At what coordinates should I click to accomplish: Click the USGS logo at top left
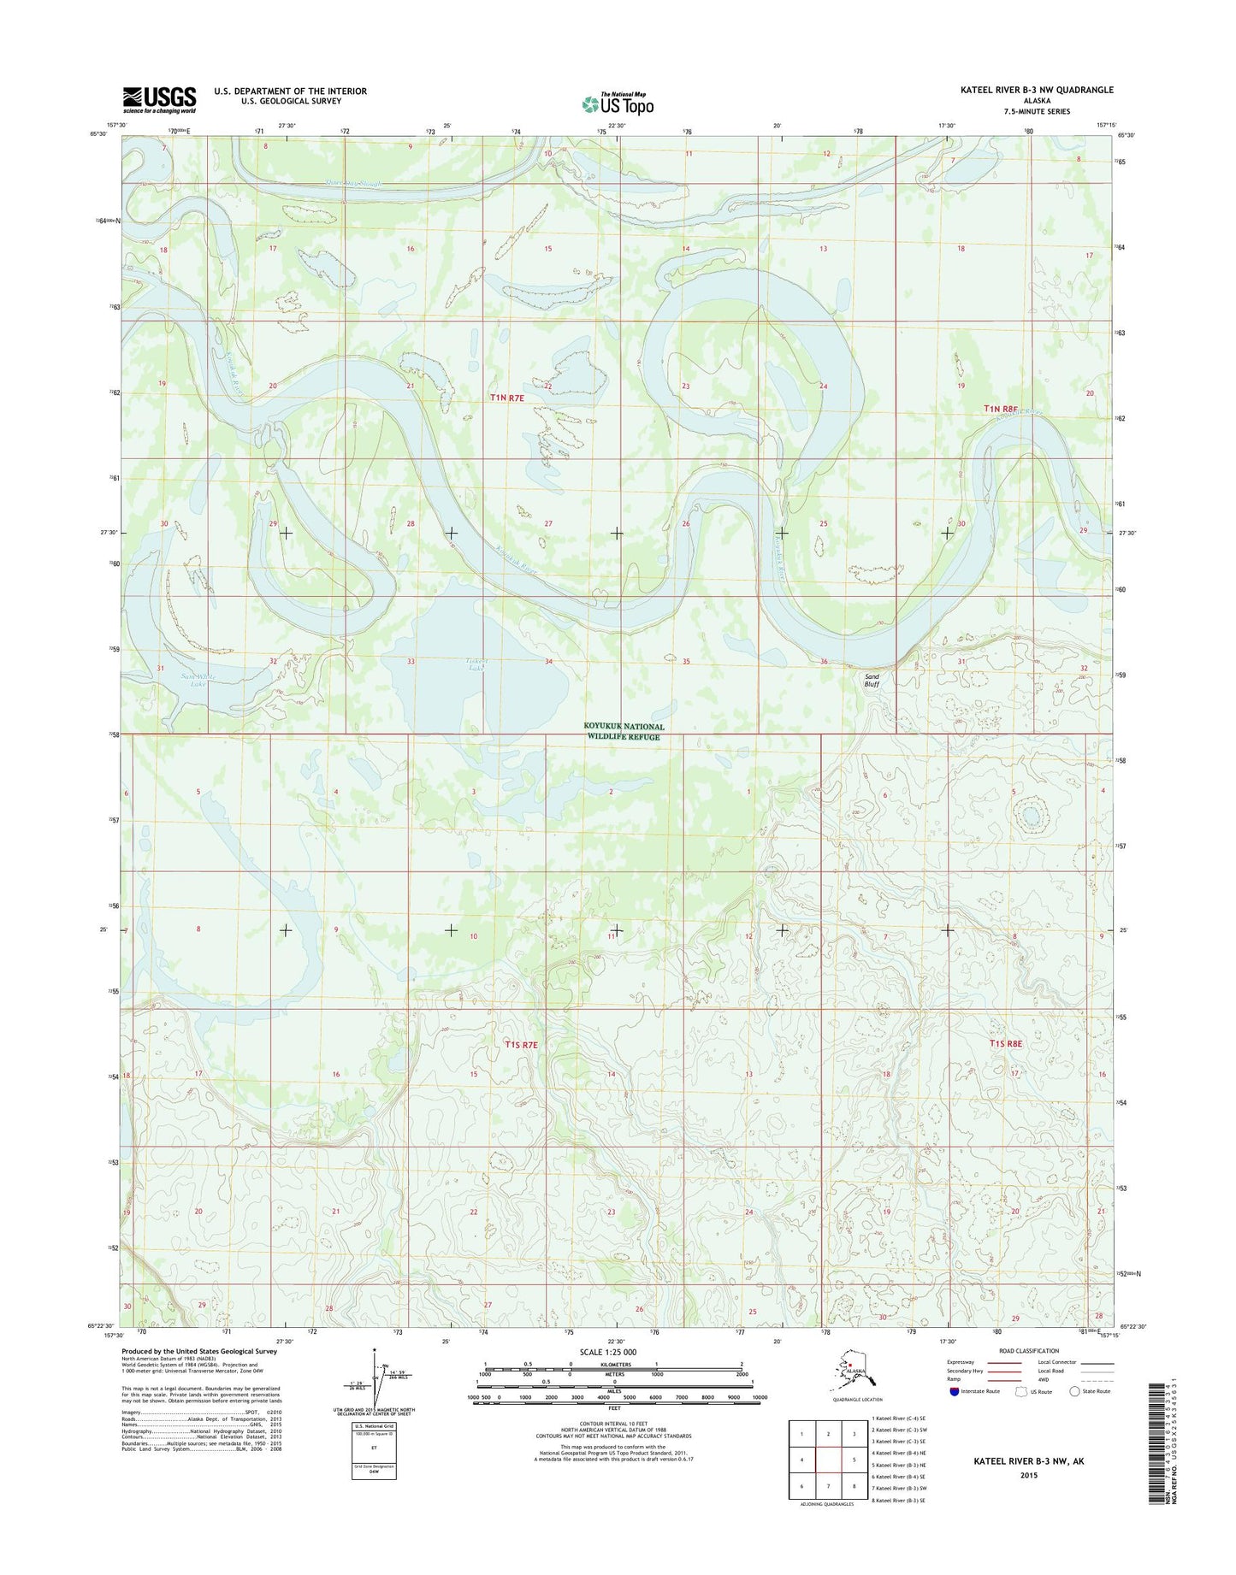[x=159, y=99]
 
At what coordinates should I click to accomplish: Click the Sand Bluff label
[x=871, y=680]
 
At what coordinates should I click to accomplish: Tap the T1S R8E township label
[x=1006, y=1043]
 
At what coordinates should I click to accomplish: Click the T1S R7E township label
[x=521, y=1045]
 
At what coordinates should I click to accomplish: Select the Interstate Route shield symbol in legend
[x=954, y=1415]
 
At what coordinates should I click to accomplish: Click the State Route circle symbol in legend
[x=1075, y=1415]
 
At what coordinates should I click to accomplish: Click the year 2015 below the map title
[x=1016, y=1475]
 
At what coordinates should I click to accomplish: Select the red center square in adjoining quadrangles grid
[x=828, y=1460]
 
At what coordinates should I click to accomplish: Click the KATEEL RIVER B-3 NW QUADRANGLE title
[x=1037, y=90]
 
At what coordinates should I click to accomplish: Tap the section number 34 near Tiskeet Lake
[x=548, y=662]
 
